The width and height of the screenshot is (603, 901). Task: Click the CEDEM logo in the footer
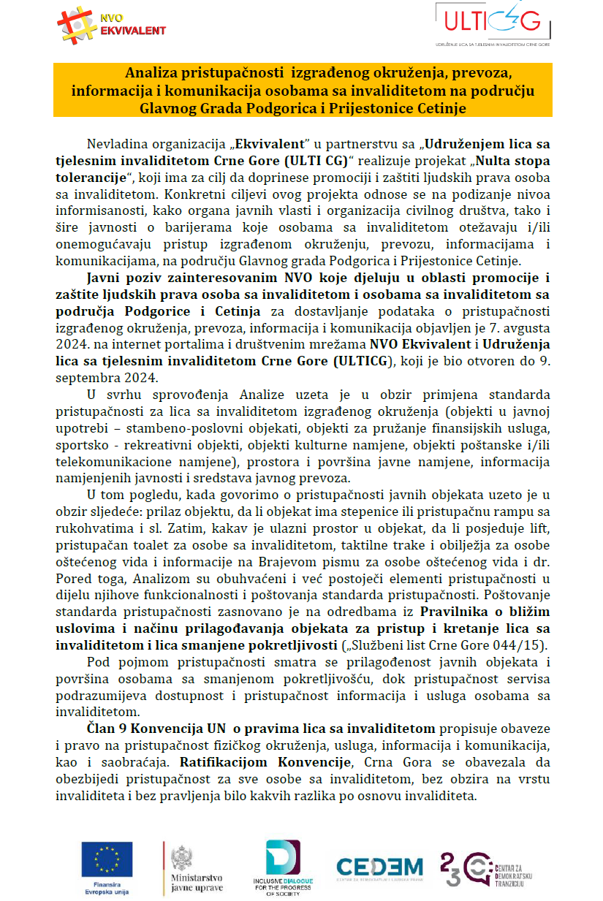[x=379, y=867]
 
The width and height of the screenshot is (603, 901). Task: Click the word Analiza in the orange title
[x=148, y=74]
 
